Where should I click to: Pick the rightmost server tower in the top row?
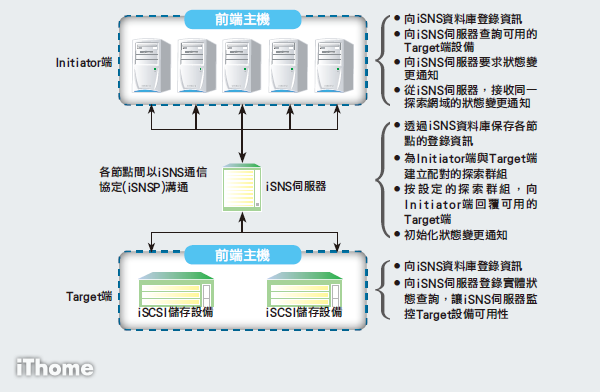click(332, 66)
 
